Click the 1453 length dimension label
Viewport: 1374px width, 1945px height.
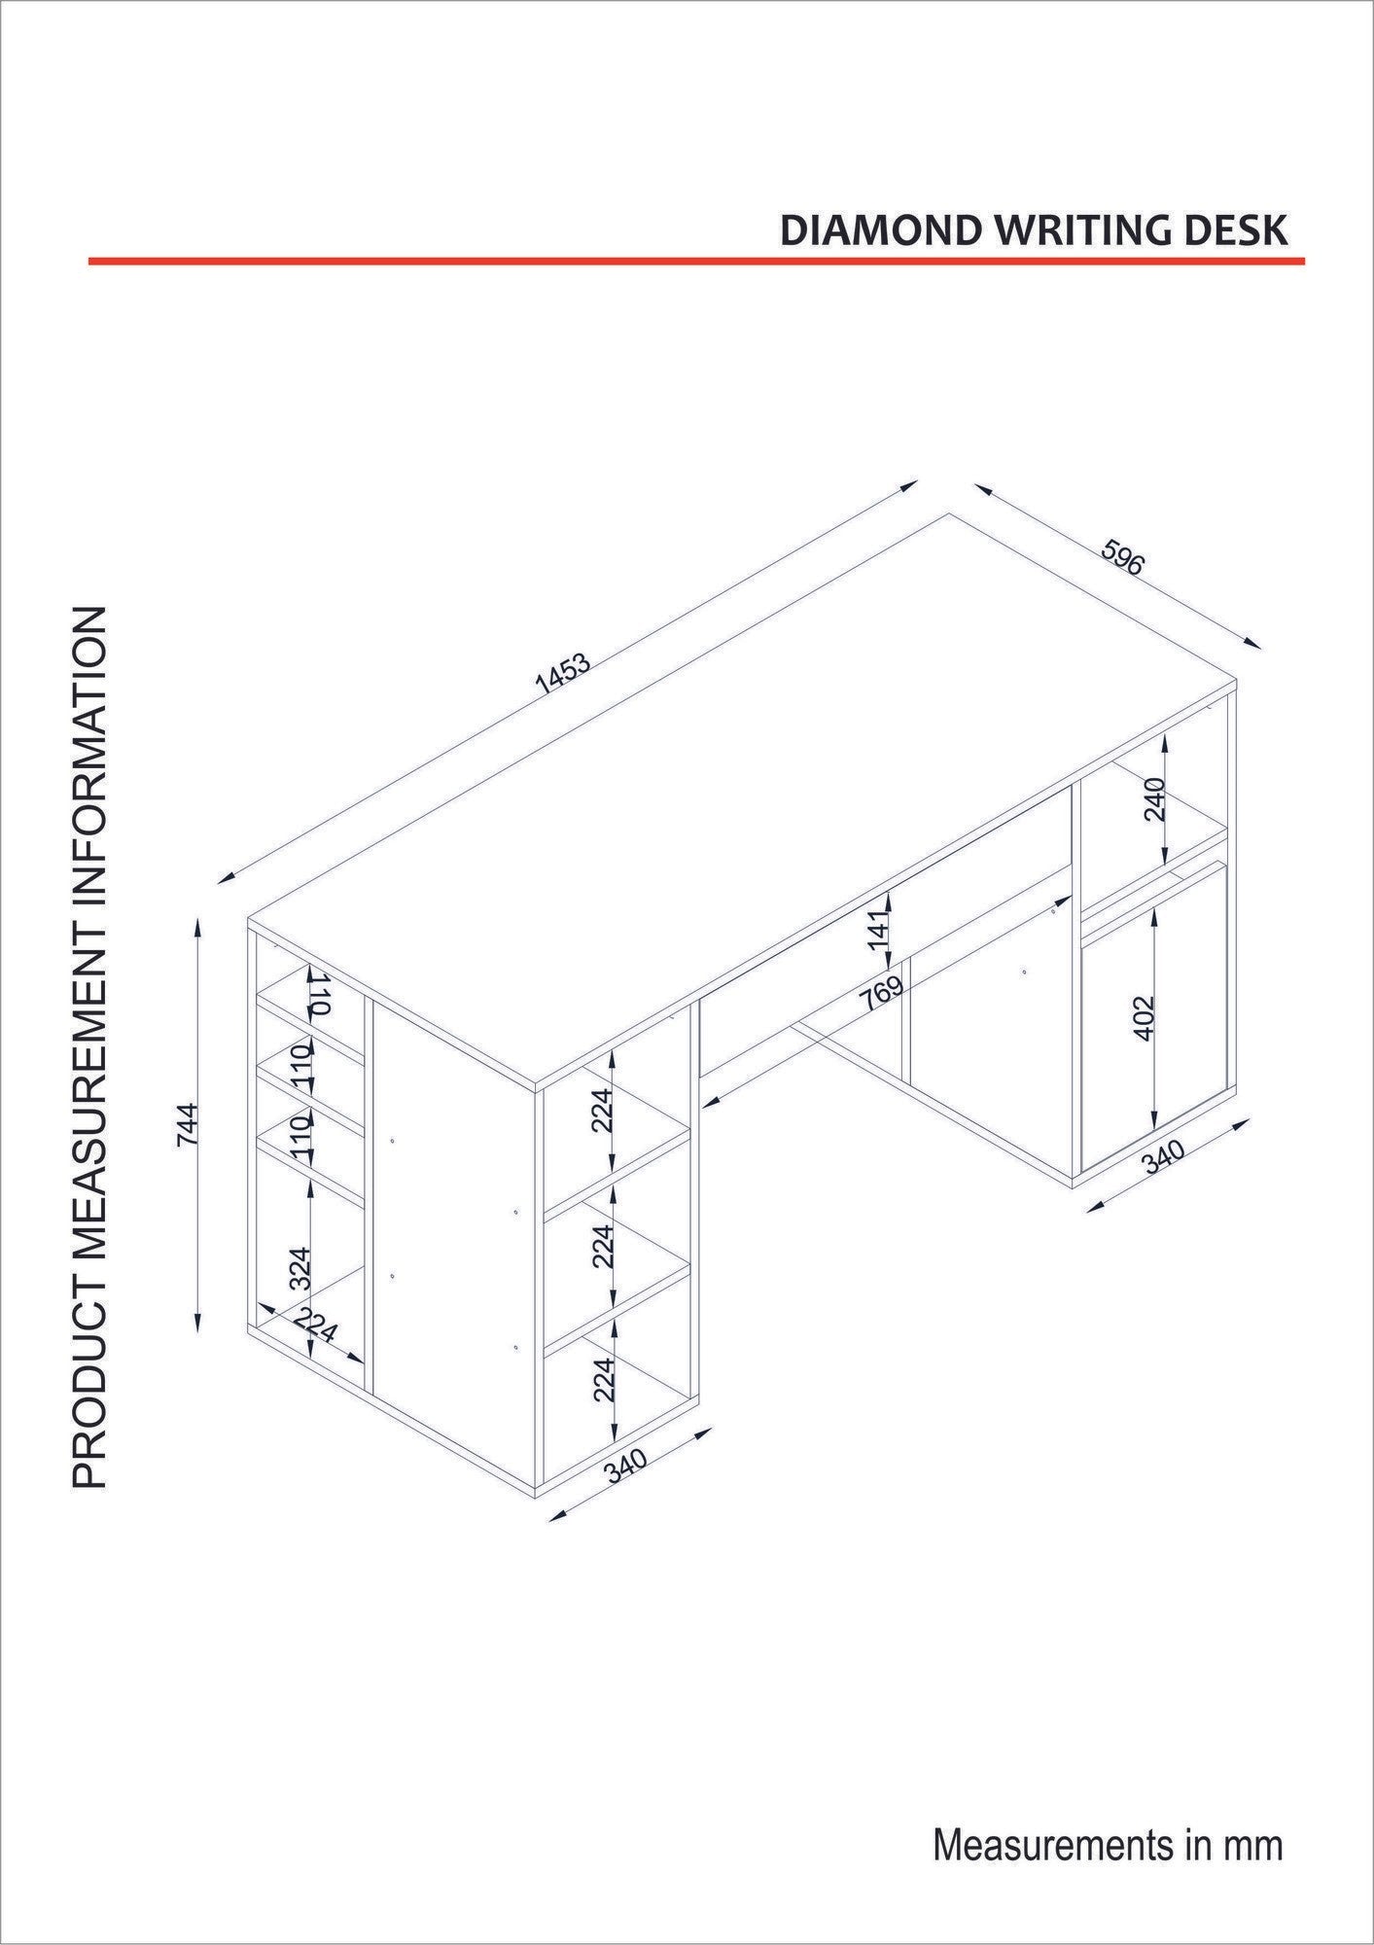(563, 673)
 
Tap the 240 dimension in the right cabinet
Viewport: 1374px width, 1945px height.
(1154, 799)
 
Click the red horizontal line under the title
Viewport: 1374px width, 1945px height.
(695, 261)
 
